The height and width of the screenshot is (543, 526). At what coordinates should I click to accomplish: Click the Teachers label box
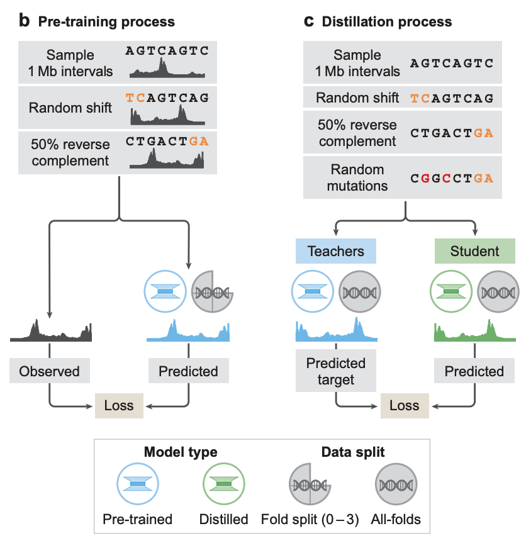(335, 252)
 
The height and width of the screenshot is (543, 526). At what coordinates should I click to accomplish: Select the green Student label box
(474, 252)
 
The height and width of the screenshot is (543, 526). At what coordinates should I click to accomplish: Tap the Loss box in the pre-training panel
(119, 405)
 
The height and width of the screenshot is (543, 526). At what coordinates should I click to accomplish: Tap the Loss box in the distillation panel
(404, 405)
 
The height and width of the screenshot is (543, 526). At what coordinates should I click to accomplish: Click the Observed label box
(50, 371)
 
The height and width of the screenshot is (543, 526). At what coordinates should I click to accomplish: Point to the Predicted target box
(336, 371)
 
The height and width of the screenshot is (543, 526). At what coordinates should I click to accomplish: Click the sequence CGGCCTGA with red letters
(452, 178)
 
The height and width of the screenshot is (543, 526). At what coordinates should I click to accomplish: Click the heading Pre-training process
(106, 22)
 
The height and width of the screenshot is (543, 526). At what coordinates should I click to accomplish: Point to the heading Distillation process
(386, 22)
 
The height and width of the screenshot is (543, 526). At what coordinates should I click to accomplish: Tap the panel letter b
(25, 21)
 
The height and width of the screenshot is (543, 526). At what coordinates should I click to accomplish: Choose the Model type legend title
(181, 452)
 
